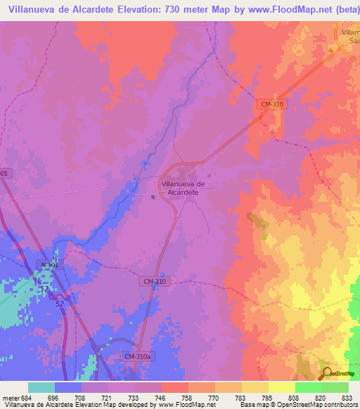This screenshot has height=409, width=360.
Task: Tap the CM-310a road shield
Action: tap(138, 357)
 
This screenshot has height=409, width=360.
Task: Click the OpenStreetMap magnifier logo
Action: tap(327, 373)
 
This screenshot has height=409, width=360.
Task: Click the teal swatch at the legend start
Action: tap(41, 387)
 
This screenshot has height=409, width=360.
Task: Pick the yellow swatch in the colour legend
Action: tap(281, 387)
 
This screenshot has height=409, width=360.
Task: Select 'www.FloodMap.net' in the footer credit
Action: tap(191, 405)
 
